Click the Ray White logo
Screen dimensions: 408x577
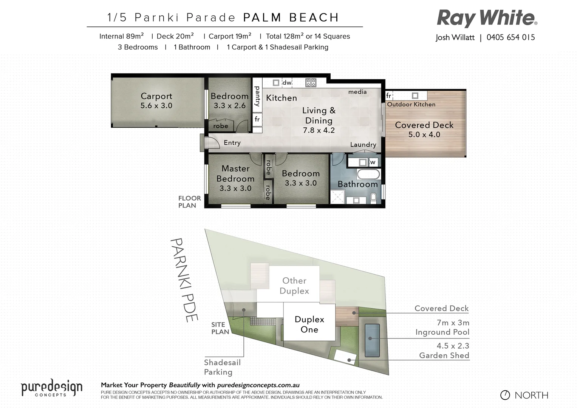pos(487,18)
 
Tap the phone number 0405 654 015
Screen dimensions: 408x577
pos(510,37)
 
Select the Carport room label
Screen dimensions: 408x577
pos(156,96)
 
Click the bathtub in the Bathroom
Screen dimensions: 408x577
pos(368,174)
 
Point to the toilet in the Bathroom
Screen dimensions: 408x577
pos(373,198)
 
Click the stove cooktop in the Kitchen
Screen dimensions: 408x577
pos(311,83)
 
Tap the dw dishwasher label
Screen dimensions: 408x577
pos(287,83)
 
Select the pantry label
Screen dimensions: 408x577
pos(257,96)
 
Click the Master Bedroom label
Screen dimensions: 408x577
pos(235,174)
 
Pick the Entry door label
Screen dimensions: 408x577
pos(232,143)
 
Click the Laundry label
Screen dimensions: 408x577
pos(363,145)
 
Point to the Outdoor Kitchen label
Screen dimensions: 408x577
pos(411,104)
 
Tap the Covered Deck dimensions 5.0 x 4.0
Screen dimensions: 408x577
pos(424,134)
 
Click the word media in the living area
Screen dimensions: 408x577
pos(357,92)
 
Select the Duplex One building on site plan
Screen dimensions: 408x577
pos(309,325)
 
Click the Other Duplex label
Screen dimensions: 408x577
pos(294,286)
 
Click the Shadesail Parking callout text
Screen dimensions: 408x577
pos(222,367)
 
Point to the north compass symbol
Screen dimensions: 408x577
pos(505,395)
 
